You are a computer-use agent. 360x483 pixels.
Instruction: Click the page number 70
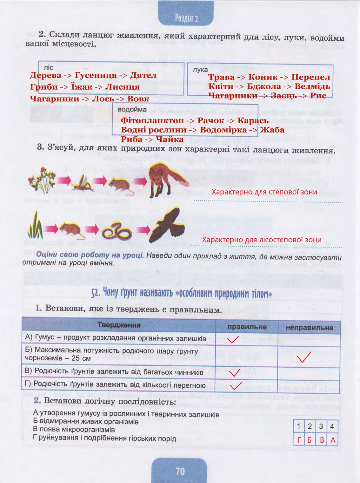pyautogui.click(x=180, y=471)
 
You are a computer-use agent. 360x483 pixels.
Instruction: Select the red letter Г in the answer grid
pyautogui.click(x=299, y=440)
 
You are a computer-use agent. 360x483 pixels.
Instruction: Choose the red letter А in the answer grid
pyautogui.click(x=332, y=440)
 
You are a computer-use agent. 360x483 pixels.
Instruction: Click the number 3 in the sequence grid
pyautogui.click(x=321, y=426)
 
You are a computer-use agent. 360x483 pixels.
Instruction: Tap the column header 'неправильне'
pyautogui.click(x=309, y=327)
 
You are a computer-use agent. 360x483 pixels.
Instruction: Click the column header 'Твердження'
pyautogui.click(x=119, y=325)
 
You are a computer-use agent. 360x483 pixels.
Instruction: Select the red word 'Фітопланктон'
pyautogui.click(x=152, y=121)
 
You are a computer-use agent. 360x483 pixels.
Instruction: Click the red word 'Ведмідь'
pyautogui.click(x=312, y=86)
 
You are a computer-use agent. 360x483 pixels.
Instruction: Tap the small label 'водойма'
pyautogui.click(x=132, y=110)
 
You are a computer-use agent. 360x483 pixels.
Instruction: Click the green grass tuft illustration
pyautogui.click(x=36, y=226)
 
